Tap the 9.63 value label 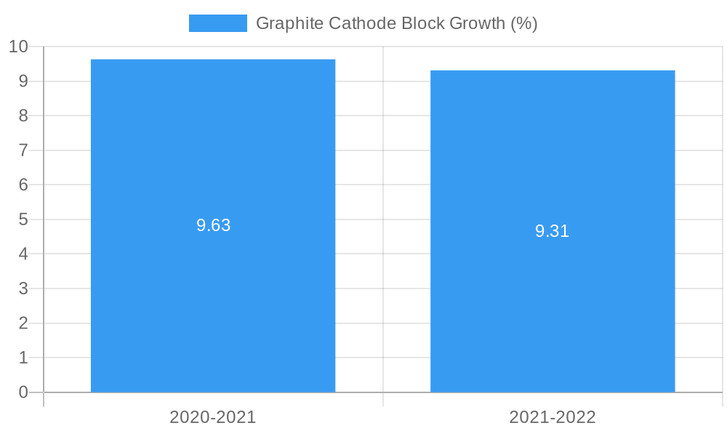click(213, 225)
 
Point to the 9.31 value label click(553, 231)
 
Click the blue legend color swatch click(217, 23)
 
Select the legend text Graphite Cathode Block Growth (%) click(396, 23)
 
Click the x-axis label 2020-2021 click(213, 417)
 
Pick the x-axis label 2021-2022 click(553, 417)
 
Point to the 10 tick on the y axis click(18, 47)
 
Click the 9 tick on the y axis click(23, 81)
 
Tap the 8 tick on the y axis click(23, 116)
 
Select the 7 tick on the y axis click(23, 150)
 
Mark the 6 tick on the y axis click(23, 185)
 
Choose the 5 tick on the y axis click(23, 219)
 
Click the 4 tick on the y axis click(23, 254)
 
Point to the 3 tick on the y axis click(23, 288)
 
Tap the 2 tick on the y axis click(23, 323)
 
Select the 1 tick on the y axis click(23, 358)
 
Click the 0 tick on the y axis click(23, 392)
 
